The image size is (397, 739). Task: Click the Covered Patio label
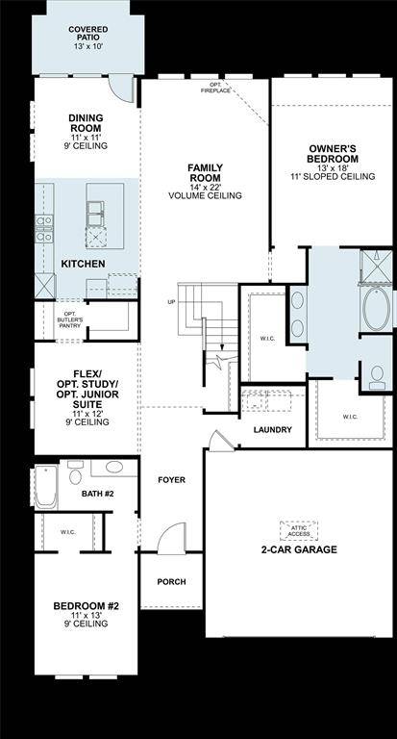(87, 36)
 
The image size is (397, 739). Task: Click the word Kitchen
(83, 263)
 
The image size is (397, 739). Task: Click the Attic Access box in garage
(298, 529)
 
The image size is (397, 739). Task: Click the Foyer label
(172, 479)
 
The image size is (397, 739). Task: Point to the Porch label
(171, 581)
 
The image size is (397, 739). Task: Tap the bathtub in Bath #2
(44, 488)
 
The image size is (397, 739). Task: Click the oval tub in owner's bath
(376, 308)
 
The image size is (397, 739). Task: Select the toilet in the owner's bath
(376, 378)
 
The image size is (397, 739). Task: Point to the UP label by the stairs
(171, 302)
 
